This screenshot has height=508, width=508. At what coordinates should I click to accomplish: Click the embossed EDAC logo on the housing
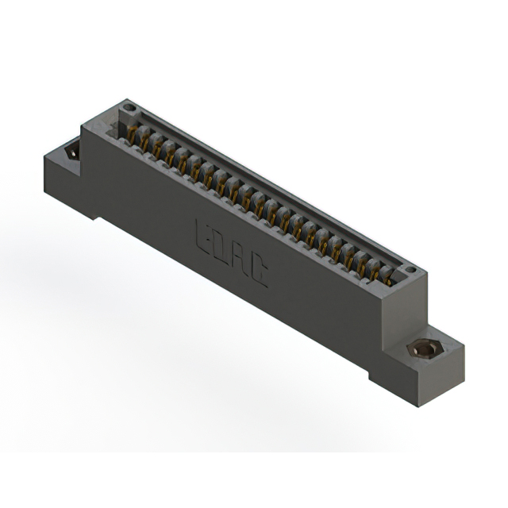(231, 252)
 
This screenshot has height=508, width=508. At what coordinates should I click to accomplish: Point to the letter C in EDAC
(259, 272)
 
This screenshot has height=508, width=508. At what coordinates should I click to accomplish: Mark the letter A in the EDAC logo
(240, 260)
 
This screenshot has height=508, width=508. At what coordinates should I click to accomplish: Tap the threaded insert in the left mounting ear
(72, 149)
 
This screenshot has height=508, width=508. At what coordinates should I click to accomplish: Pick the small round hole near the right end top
(410, 271)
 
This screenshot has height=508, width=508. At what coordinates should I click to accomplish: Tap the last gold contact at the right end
(387, 275)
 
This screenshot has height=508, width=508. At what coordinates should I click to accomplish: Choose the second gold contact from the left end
(144, 141)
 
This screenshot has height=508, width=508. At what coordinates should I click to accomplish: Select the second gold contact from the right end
(374, 269)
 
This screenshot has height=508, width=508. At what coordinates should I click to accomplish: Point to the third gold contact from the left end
(157, 148)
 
